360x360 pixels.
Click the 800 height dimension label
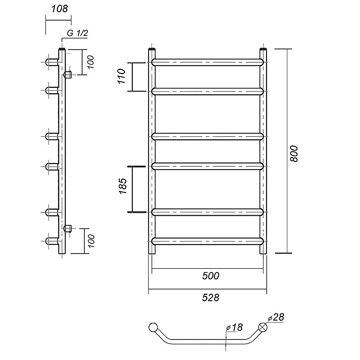coord(294,153)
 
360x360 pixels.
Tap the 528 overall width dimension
coord(210,298)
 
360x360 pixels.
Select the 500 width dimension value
coord(210,276)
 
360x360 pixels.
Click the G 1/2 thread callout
coord(77,33)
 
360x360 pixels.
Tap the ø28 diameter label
coord(276,317)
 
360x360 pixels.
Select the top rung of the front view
coord(208,62)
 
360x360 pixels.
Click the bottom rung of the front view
coord(208,241)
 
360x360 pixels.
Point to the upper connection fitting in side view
coord(67,75)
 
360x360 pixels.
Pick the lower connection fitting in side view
coord(67,228)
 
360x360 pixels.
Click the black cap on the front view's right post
coord(263,48)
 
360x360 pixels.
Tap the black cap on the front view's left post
coord(152,48)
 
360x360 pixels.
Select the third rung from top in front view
coord(208,136)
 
